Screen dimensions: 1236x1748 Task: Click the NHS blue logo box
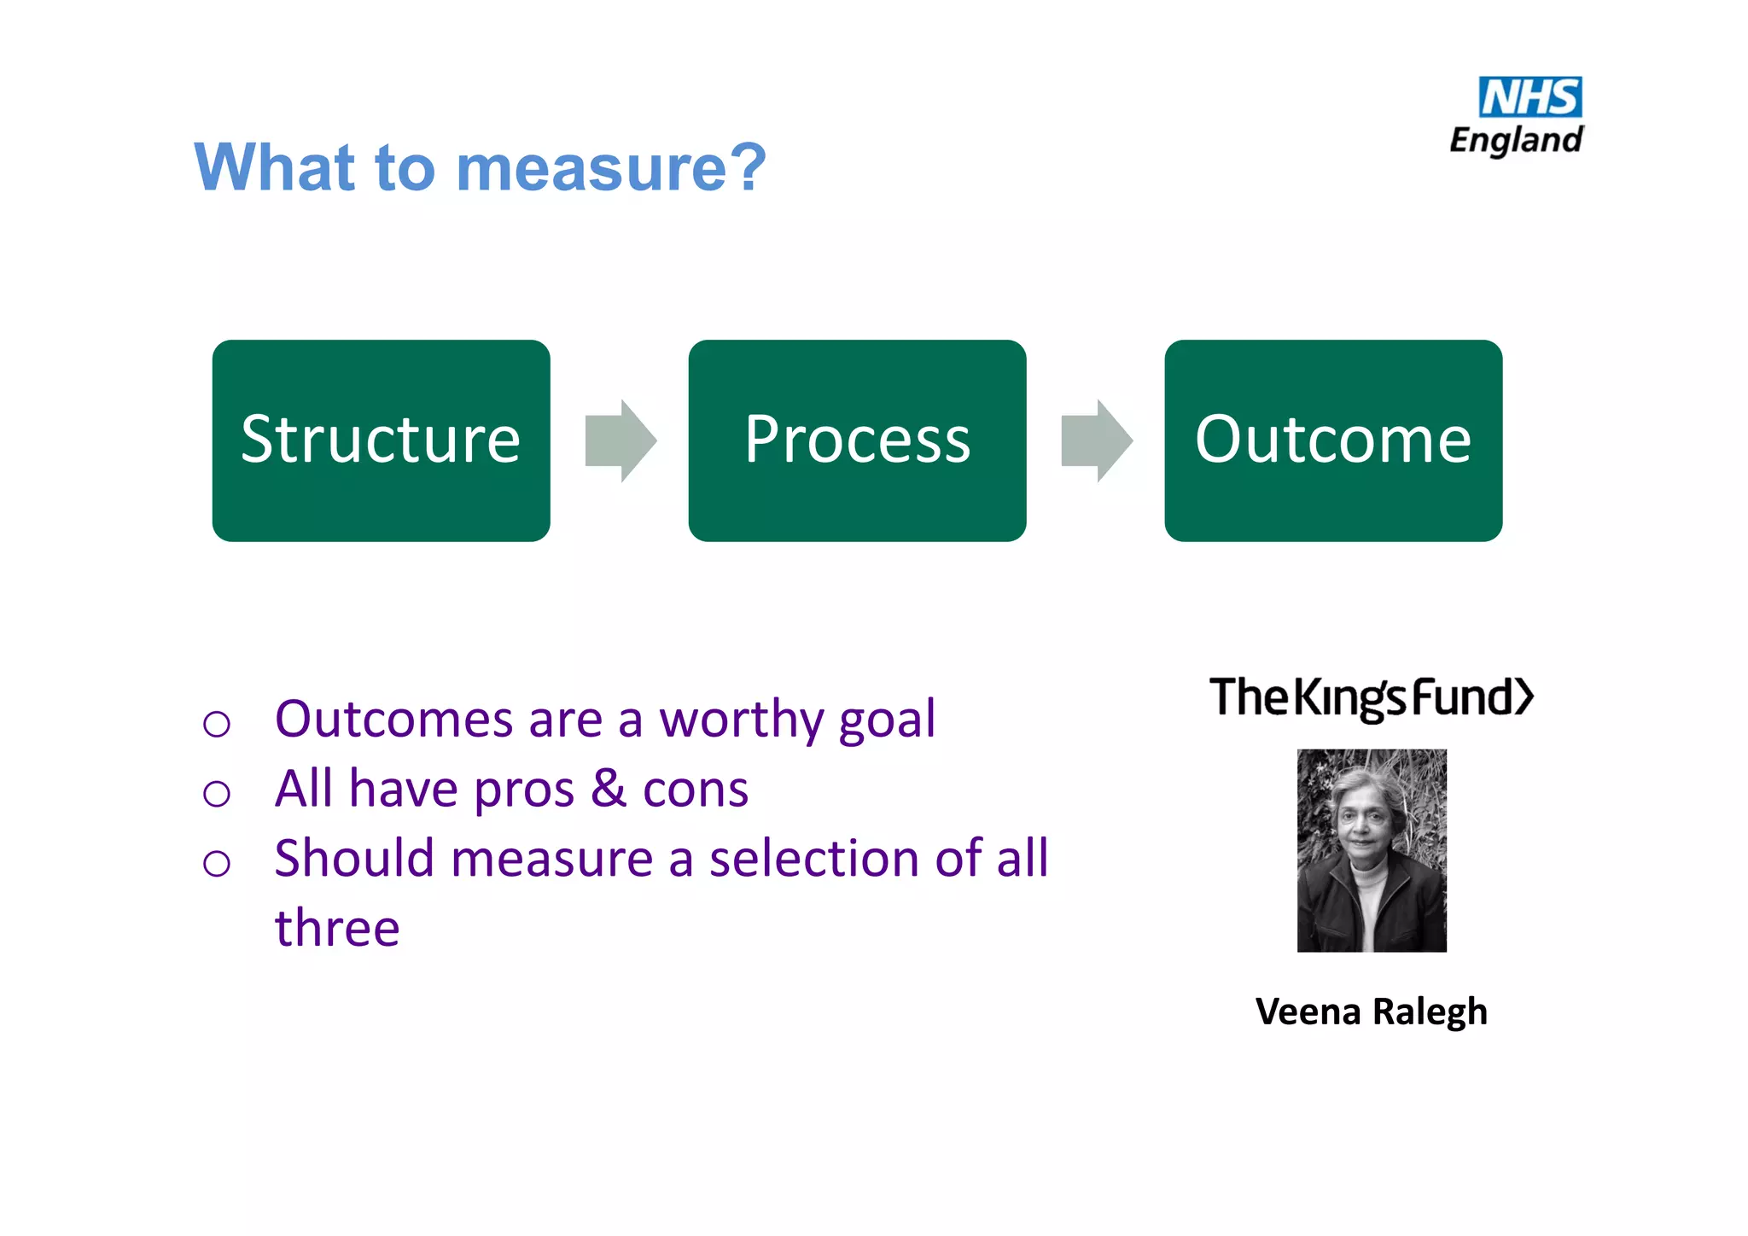1529,97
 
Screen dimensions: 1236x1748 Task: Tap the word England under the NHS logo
1516,140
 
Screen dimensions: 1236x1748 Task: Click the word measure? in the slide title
611,168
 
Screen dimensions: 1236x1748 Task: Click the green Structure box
381,440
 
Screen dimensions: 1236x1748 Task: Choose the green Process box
857,440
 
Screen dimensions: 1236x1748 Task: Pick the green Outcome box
1333,440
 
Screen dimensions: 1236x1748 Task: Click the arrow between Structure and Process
621,440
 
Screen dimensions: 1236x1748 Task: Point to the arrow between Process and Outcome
1097,440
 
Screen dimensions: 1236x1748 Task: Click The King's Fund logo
1372,697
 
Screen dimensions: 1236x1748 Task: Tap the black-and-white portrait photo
1372,850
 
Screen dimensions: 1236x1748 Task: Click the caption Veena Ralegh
1372,1012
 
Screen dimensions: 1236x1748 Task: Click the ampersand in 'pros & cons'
609,789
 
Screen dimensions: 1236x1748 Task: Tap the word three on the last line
337,928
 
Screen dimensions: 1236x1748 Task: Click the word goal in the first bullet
887,720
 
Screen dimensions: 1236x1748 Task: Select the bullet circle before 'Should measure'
217,863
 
